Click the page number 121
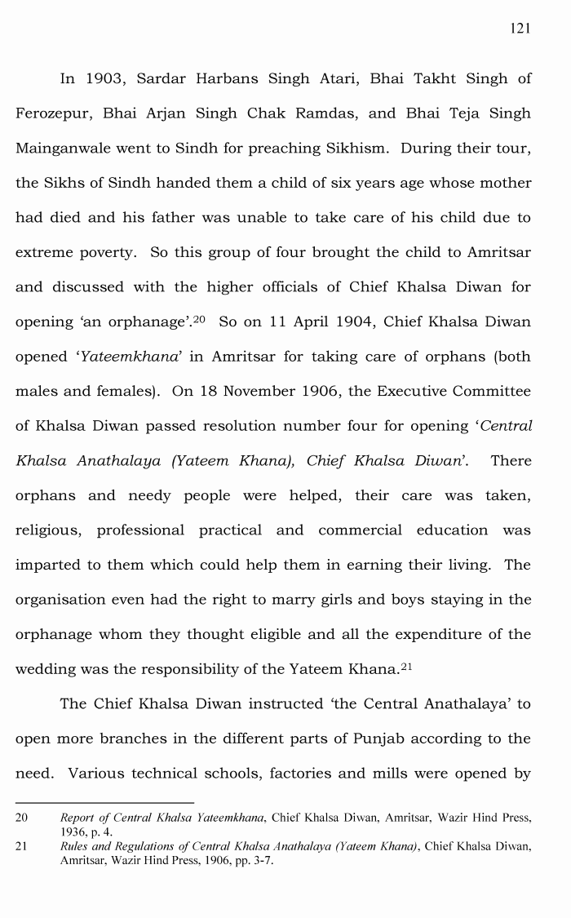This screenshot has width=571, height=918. click(x=520, y=29)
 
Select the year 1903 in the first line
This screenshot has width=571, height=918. click(x=104, y=79)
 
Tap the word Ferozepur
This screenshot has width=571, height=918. click(x=52, y=113)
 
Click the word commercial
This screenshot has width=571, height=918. click(x=360, y=530)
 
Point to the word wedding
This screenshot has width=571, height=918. click(x=45, y=669)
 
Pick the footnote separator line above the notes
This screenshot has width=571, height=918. click(x=104, y=803)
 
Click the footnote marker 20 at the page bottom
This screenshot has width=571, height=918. click(x=22, y=817)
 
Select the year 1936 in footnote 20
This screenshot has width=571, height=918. click(x=73, y=831)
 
